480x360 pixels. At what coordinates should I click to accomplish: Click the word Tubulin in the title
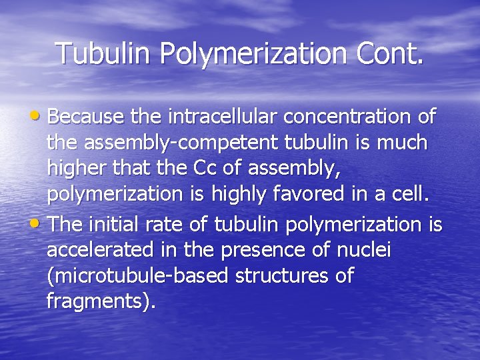pyautogui.click(x=103, y=53)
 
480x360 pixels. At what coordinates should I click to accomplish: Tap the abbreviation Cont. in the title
pyautogui.click(x=393, y=53)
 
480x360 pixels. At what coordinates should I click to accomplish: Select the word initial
pyautogui.click(x=117, y=225)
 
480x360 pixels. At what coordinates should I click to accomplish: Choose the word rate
pyautogui.click(x=166, y=225)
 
